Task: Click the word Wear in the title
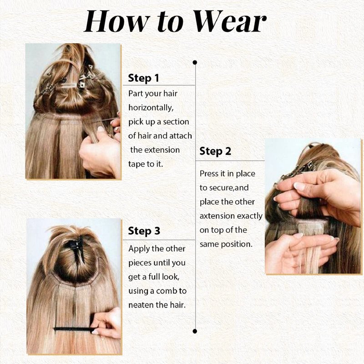click(x=230, y=21)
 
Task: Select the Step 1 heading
click(x=143, y=78)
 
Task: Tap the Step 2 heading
click(x=215, y=152)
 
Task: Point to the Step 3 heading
click(x=144, y=231)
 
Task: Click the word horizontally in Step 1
click(x=151, y=108)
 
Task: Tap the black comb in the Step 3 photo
click(x=75, y=329)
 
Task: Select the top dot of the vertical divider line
click(x=195, y=62)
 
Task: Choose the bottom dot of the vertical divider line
click(x=195, y=331)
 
